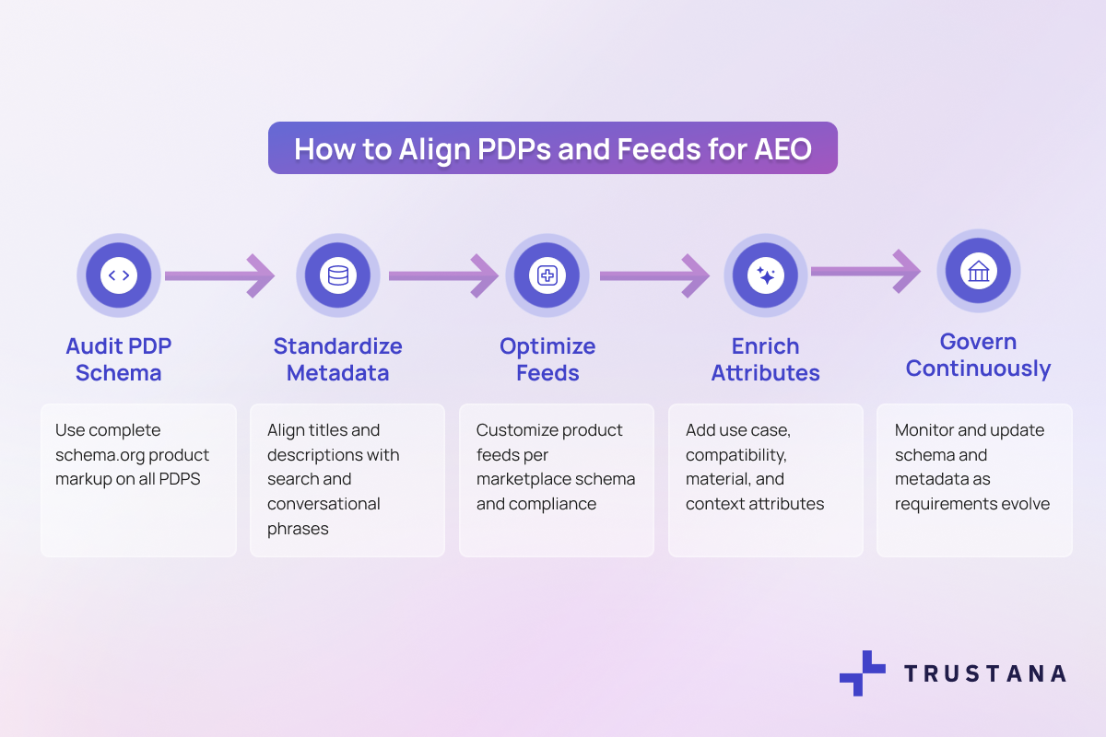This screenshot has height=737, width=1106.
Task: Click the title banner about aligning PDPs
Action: pyautogui.click(x=552, y=148)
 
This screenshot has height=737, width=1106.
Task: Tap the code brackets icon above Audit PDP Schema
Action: pyautogui.click(x=119, y=275)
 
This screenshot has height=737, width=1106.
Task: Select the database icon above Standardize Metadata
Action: pyautogui.click(x=338, y=275)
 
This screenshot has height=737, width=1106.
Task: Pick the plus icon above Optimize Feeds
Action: pyautogui.click(x=547, y=275)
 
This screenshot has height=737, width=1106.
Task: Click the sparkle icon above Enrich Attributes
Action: pyautogui.click(x=766, y=275)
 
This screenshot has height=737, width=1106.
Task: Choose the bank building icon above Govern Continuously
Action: pyautogui.click(x=979, y=271)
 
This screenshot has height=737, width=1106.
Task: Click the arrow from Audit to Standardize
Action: pyautogui.click(x=219, y=275)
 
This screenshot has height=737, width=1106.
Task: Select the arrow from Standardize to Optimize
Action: pyautogui.click(x=442, y=275)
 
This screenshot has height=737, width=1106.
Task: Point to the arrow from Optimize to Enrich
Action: pyautogui.click(x=654, y=275)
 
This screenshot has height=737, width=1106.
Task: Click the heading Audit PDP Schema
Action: pyautogui.click(x=119, y=359)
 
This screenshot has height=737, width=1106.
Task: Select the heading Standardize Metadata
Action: pyautogui.click(x=338, y=359)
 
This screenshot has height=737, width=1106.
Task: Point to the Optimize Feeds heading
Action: pyautogui.click(x=547, y=359)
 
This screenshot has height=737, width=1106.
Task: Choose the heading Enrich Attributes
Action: pyautogui.click(x=766, y=359)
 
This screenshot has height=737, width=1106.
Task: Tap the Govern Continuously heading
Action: pyautogui.click(x=978, y=355)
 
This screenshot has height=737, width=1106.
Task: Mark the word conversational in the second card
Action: pyautogui.click(x=324, y=504)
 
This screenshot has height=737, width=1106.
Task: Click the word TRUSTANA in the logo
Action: pyautogui.click(x=984, y=673)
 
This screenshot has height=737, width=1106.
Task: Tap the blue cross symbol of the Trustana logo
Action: pyautogui.click(x=861, y=673)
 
